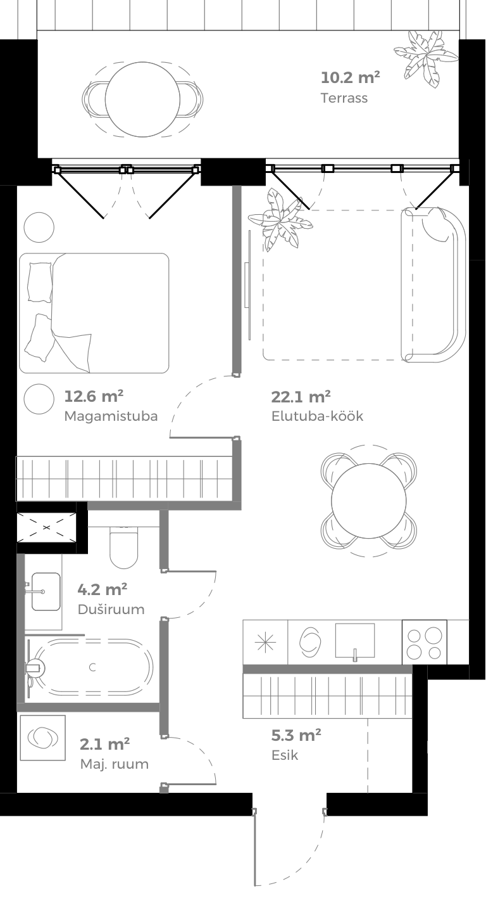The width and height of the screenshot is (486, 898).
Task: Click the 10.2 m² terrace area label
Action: (350, 78)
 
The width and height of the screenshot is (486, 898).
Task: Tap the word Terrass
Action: (344, 98)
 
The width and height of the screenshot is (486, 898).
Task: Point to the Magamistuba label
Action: (111, 416)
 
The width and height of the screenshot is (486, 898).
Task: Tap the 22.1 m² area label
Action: (301, 397)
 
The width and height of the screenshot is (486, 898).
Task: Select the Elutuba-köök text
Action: (317, 416)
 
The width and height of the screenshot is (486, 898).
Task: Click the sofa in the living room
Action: (434, 285)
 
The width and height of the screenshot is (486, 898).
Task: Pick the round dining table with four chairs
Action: (370, 501)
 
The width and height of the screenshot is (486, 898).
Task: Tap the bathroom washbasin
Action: (46, 591)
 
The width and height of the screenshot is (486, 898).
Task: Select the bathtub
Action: (89, 667)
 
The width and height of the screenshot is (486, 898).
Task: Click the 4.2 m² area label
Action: (103, 590)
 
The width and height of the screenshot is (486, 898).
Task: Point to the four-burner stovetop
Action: (424, 643)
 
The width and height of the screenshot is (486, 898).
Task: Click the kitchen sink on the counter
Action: (354, 641)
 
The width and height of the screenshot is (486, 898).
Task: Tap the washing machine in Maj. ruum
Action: (42, 738)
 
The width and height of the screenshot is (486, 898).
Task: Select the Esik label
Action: (285, 755)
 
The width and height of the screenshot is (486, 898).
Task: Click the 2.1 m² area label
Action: (105, 744)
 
